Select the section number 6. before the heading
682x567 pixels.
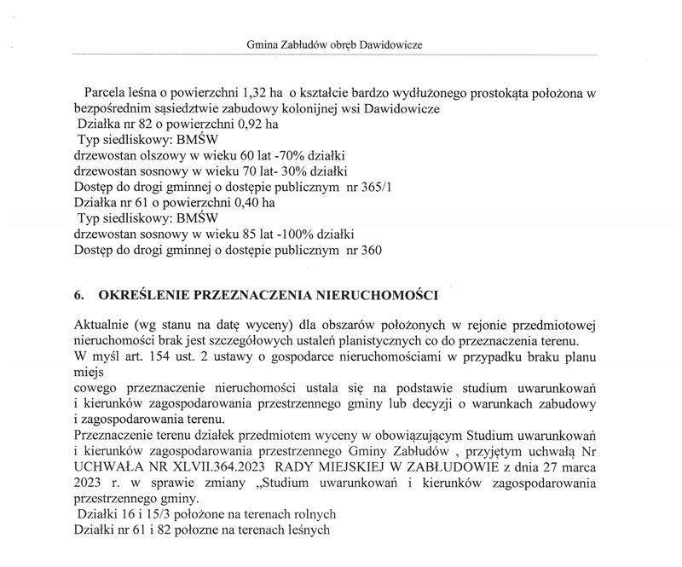coord(78,295)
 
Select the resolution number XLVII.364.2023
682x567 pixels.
coord(231,467)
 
